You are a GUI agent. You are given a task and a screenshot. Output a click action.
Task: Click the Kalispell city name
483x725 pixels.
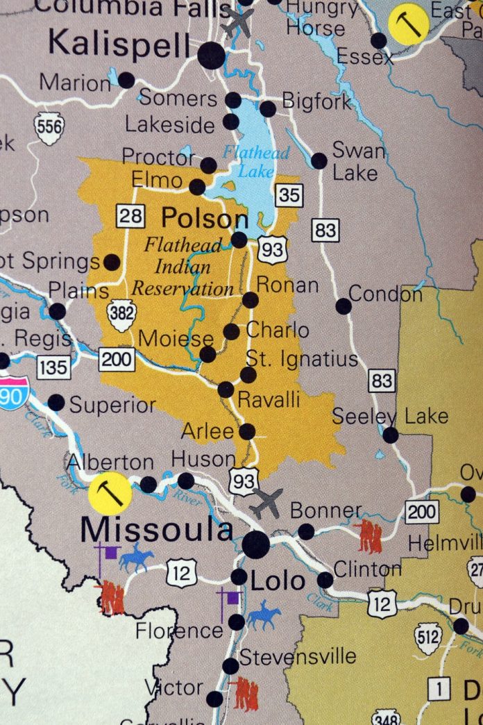click(118, 45)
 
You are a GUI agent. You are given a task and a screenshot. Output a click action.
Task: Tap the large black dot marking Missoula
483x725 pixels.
click(255, 544)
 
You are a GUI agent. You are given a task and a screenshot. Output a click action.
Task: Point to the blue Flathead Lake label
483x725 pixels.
click(247, 160)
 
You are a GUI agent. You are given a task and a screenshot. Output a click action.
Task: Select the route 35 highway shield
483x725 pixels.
click(289, 196)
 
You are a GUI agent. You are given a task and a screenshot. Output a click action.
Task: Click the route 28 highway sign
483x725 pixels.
click(130, 215)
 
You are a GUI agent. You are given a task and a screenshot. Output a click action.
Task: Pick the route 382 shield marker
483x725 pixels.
click(121, 314)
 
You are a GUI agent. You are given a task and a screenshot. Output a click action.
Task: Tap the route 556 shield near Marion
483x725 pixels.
click(49, 128)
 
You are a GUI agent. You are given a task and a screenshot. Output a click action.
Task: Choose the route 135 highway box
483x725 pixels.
click(53, 367)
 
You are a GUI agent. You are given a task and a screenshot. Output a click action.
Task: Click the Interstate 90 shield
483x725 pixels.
click(13, 393)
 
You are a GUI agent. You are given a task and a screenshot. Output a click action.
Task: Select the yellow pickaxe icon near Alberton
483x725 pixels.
click(110, 494)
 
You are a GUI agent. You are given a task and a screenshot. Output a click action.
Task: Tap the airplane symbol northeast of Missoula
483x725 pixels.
click(266, 503)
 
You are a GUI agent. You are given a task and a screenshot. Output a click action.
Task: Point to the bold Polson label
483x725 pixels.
click(205, 219)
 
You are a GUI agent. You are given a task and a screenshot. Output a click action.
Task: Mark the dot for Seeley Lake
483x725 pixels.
click(391, 435)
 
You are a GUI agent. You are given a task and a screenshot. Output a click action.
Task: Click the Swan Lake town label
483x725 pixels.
click(358, 160)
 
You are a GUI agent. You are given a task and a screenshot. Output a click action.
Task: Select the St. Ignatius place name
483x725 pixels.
click(302, 359)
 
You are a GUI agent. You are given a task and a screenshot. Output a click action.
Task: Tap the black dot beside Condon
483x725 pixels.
click(344, 306)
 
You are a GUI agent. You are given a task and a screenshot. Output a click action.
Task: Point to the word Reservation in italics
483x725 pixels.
click(183, 288)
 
